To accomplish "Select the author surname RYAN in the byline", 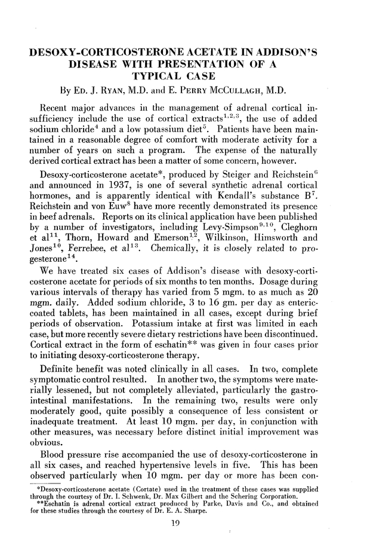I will click(x=106, y=91).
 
